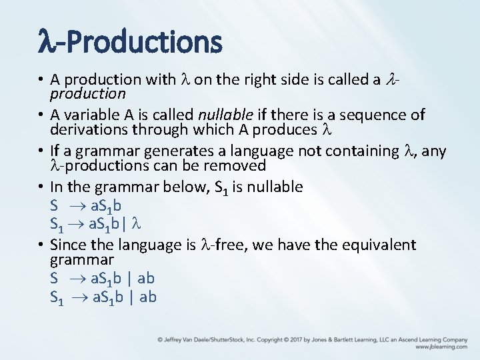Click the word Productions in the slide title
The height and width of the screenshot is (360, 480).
[x=144, y=42]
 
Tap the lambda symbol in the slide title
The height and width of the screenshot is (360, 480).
[x=47, y=42]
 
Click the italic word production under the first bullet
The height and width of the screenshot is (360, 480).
[x=87, y=94]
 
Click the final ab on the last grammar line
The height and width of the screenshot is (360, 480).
[x=147, y=297]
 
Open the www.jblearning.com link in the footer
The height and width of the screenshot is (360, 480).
[x=441, y=347]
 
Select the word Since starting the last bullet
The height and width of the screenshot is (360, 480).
[x=70, y=245]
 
